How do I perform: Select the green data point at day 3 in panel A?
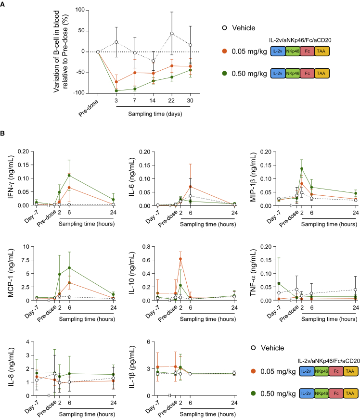(x=116, y=90)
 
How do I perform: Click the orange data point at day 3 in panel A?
(x=116, y=82)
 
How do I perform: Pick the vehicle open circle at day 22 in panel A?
(x=172, y=34)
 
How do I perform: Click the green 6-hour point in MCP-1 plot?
(x=69, y=267)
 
